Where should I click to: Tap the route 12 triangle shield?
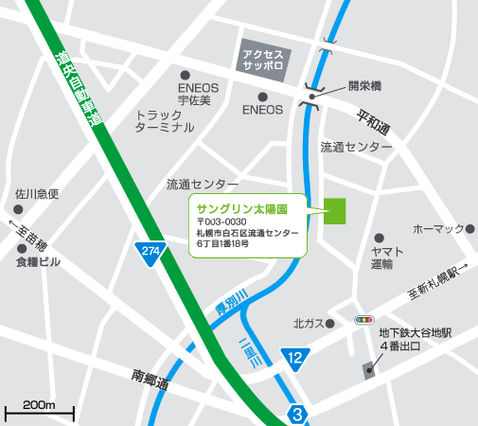(295, 357)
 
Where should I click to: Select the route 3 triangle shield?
(298, 414)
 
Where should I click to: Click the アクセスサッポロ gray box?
(264, 56)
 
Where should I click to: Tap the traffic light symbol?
(363, 321)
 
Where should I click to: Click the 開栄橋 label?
(363, 85)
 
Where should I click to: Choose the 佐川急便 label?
(37, 194)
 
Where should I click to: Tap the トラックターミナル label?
(165, 119)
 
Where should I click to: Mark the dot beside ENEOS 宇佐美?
(186, 74)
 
